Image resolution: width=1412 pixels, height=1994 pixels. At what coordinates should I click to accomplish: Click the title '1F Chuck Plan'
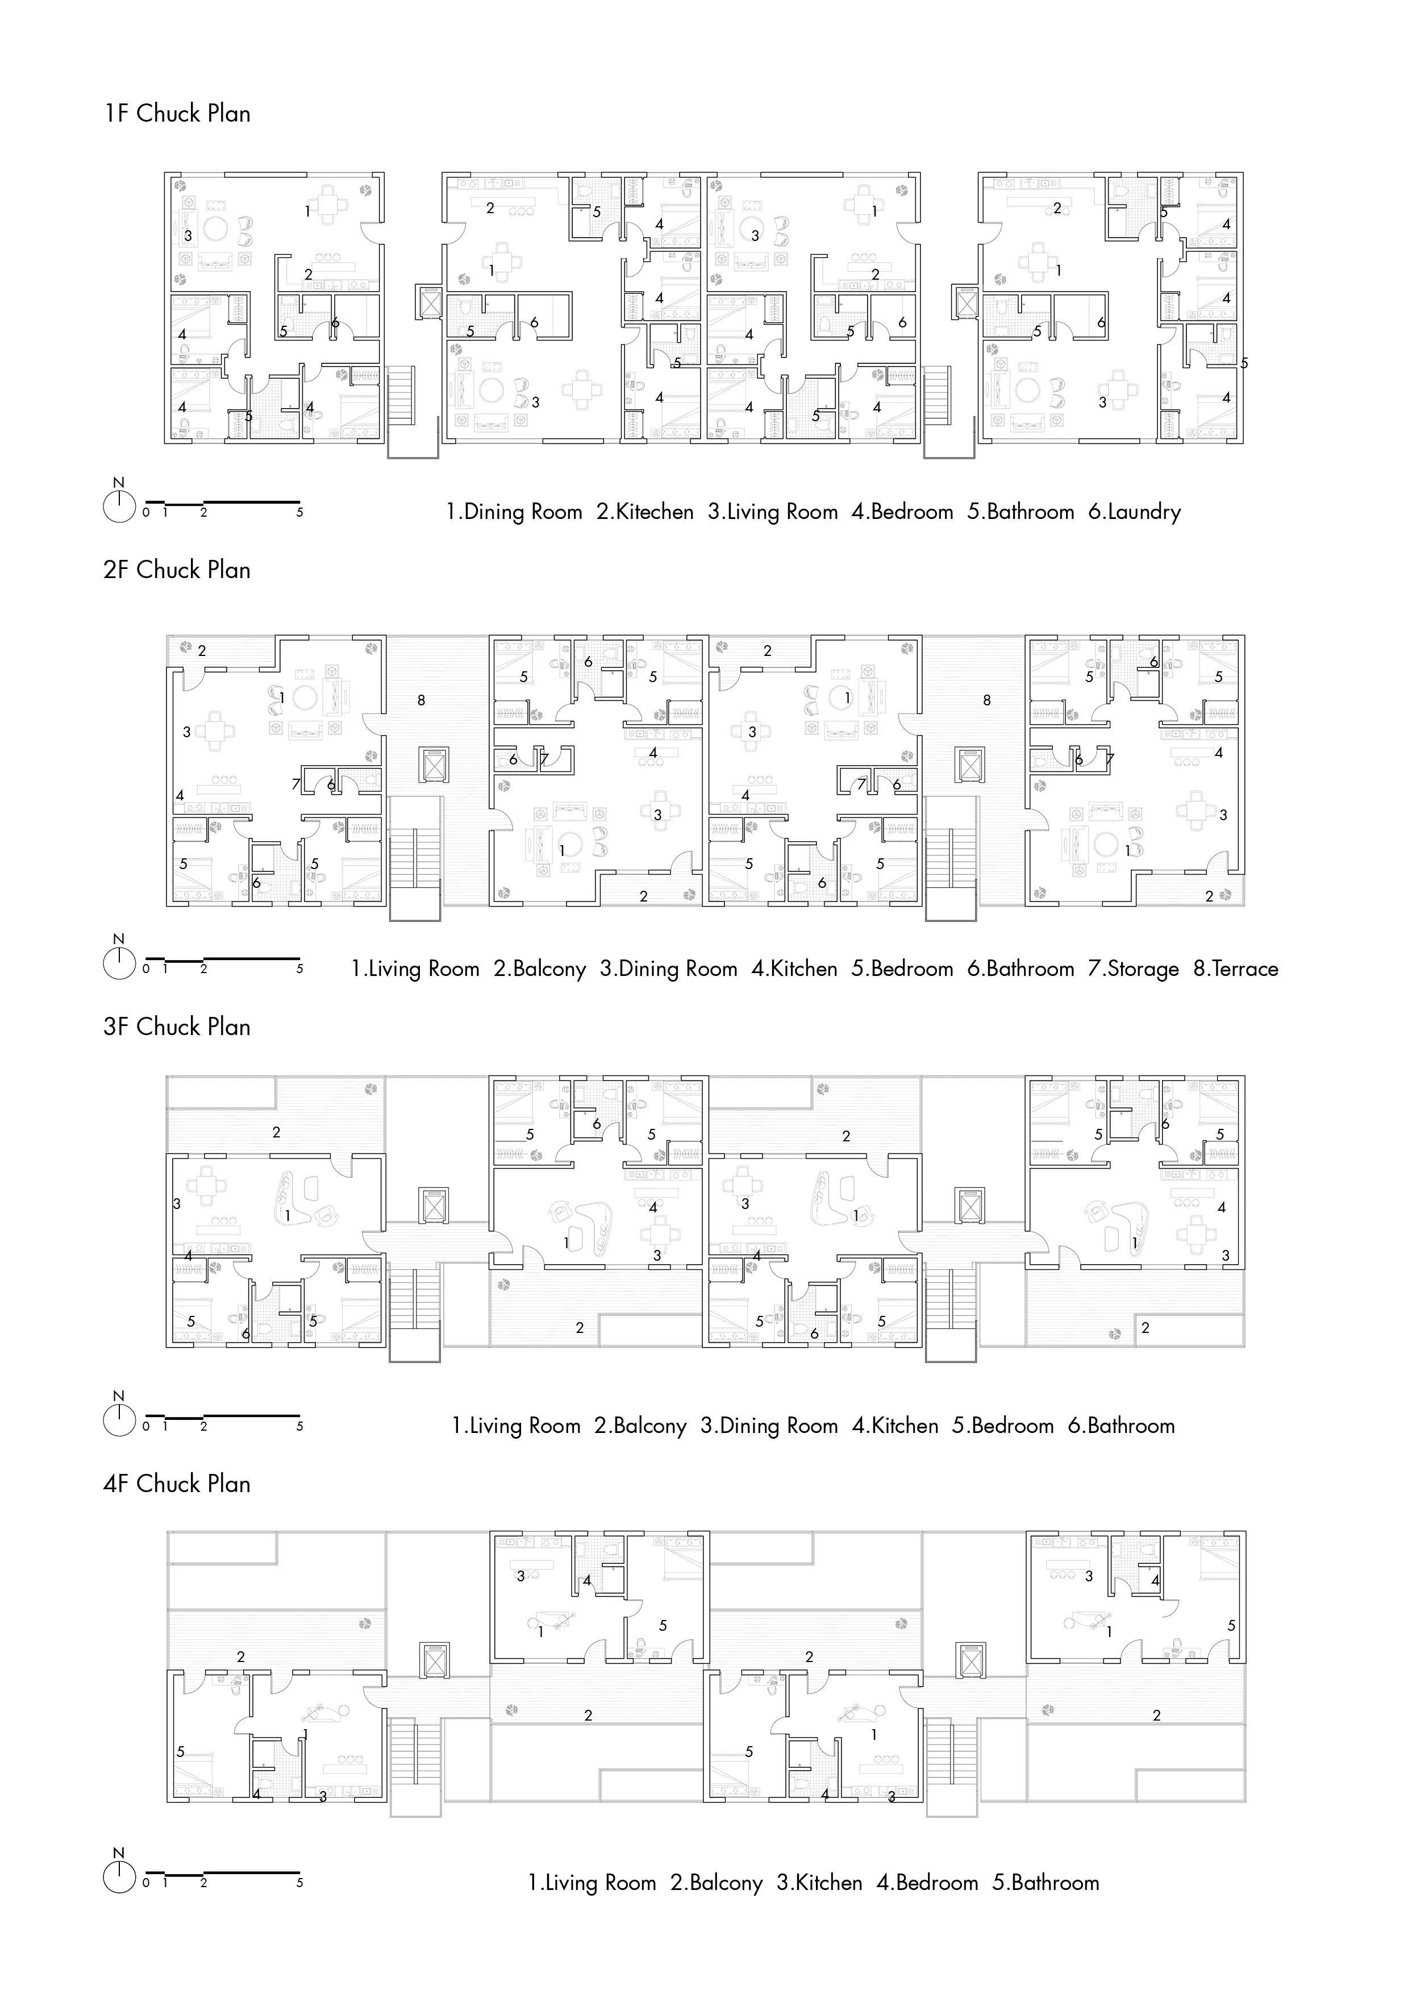tap(177, 114)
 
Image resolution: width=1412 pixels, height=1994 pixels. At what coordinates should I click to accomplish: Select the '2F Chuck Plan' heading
tap(177, 571)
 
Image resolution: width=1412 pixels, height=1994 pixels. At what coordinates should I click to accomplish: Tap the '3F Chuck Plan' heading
tap(177, 1027)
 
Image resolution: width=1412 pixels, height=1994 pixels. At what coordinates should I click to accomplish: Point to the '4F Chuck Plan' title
tap(177, 1484)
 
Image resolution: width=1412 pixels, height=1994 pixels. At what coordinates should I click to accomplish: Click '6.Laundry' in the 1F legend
tap(1135, 512)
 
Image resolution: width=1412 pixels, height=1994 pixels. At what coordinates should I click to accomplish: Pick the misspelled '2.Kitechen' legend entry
tap(644, 512)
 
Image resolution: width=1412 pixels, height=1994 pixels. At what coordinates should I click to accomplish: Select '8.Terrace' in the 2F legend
tap(1235, 969)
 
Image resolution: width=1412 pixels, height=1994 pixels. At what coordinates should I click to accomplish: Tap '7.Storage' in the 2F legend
tap(1133, 969)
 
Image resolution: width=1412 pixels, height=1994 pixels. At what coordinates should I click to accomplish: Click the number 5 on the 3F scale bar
tap(300, 1426)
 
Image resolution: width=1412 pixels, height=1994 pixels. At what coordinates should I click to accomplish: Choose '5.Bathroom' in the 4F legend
tap(1046, 1883)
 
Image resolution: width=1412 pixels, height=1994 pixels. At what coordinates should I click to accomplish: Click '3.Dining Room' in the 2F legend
tap(669, 969)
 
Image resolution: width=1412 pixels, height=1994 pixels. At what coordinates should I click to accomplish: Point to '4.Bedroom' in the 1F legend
tap(902, 512)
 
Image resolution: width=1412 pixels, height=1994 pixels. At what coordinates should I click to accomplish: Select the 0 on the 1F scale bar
tap(146, 513)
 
